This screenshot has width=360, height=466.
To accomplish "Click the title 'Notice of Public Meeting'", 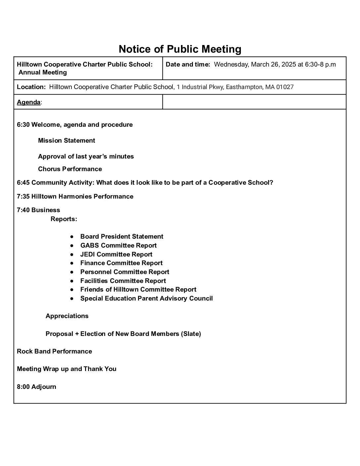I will (x=180, y=49).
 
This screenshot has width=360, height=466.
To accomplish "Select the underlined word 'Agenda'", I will (x=28, y=102).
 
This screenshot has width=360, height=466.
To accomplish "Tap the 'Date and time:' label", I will (x=188, y=65).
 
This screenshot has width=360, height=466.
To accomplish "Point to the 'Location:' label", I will (x=31, y=87).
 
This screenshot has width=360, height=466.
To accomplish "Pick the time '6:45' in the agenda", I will (x=23, y=183).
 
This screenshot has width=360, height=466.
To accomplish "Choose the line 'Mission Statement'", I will (x=67, y=141).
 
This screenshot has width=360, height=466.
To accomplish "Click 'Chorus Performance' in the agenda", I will (x=70, y=169).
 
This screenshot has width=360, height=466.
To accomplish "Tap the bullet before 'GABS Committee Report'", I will (x=72, y=246).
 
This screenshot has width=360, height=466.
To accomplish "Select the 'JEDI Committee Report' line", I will (x=116, y=255).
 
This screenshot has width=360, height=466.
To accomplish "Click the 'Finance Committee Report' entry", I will (x=121, y=263).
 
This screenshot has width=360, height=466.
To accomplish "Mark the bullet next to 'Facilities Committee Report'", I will (x=72, y=281).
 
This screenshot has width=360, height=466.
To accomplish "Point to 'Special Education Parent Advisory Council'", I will (x=146, y=299).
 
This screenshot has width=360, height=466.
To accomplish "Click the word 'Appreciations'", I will (x=67, y=316).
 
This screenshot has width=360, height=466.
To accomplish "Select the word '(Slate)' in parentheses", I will (x=191, y=334).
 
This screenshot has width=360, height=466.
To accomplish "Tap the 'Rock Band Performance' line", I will (x=54, y=351).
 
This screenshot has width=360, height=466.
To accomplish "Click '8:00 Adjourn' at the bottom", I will (x=36, y=387).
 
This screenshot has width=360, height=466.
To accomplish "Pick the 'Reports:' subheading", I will (x=64, y=219).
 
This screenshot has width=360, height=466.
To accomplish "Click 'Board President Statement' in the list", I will (x=121, y=237).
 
